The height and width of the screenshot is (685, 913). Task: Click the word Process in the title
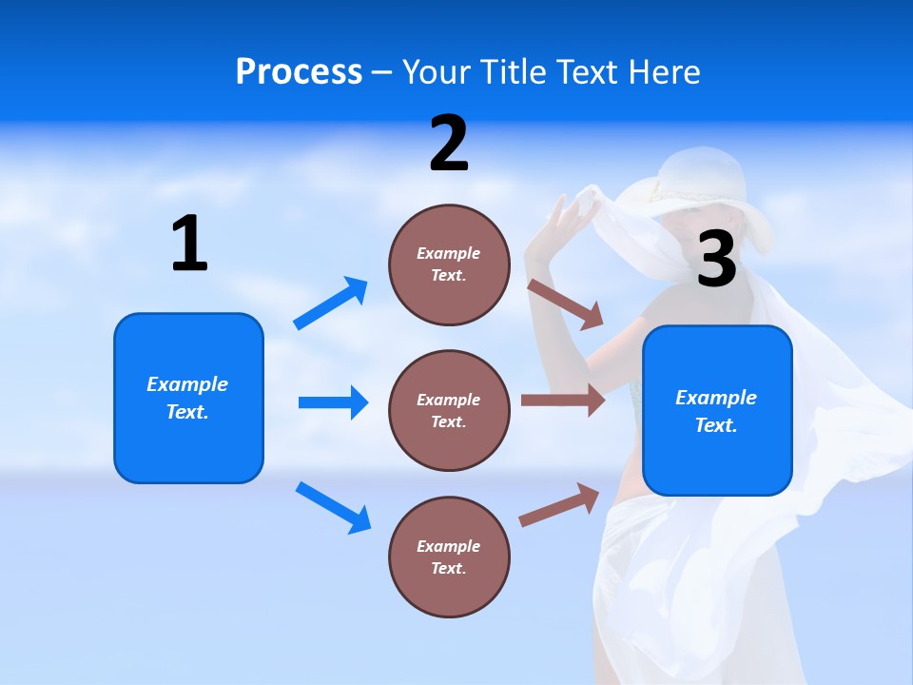[299, 71]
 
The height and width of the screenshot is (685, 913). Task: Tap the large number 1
[189, 244]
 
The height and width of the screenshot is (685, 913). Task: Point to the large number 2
[449, 144]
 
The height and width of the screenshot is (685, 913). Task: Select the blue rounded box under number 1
[188, 398]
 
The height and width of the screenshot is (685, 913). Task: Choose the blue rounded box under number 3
[717, 410]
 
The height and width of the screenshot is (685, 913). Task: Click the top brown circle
[449, 264]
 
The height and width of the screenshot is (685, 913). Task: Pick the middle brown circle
[449, 410]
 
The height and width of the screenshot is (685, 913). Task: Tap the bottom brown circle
[449, 557]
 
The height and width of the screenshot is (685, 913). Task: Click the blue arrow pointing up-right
[331, 303]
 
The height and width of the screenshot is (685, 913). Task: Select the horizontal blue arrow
[333, 402]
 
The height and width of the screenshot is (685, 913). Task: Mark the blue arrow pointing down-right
[333, 507]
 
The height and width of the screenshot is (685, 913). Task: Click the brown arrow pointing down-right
[565, 303]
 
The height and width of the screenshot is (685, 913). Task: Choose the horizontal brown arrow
[562, 401]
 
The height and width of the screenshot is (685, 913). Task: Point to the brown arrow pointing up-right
[559, 505]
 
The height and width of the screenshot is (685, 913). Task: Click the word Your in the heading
[437, 71]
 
